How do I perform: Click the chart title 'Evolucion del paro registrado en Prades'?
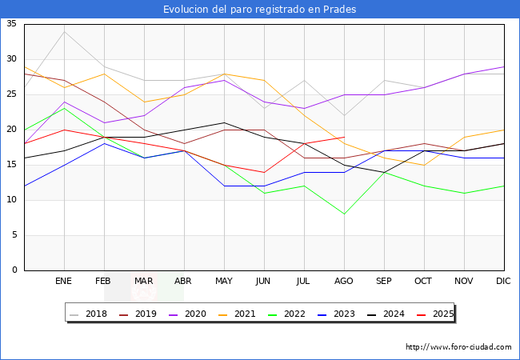pyautogui.click(x=260, y=10)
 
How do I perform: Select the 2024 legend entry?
pyautogui.click(x=390, y=314)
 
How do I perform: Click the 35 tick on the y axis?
pyautogui.click(x=12, y=24)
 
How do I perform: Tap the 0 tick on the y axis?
pyautogui.click(x=15, y=270)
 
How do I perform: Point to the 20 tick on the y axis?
pyautogui.click(x=12, y=130)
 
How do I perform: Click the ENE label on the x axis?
pyautogui.click(x=64, y=282)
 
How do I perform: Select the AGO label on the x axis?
pyautogui.click(x=344, y=282)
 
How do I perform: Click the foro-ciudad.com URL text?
pyautogui.click(x=458, y=347)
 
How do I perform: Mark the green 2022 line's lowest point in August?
pyautogui.click(x=344, y=214)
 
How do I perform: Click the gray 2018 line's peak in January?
pyautogui.click(x=64, y=31)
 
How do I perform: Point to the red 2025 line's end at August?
pyautogui.click(x=344, y=137)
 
